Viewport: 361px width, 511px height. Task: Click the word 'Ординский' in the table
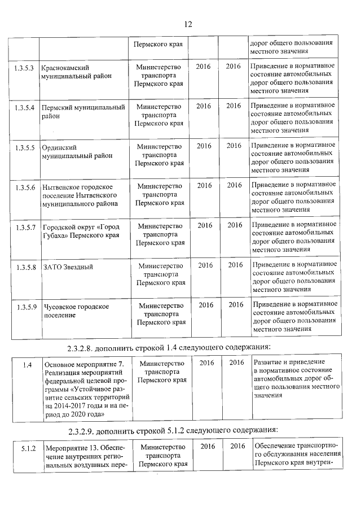[59, 147]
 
